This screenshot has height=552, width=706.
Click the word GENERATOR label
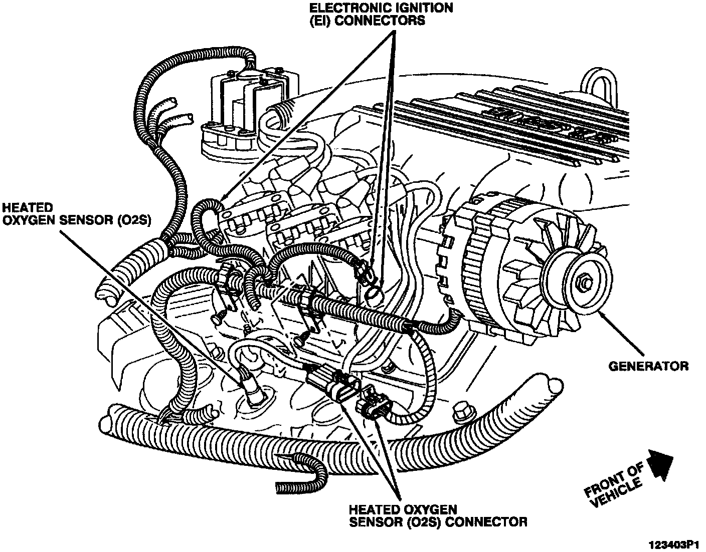[648, 366]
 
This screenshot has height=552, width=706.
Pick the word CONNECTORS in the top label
[381, 21]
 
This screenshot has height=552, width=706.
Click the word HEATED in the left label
[28, 207]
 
